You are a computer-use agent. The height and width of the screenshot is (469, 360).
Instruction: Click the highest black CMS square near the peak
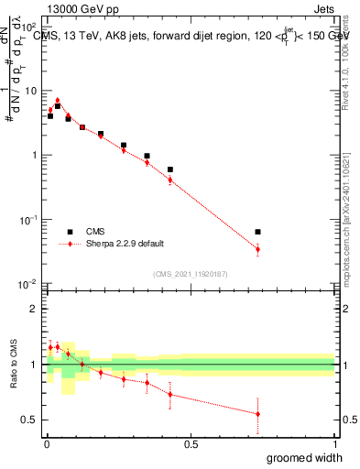tap(57, 106)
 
